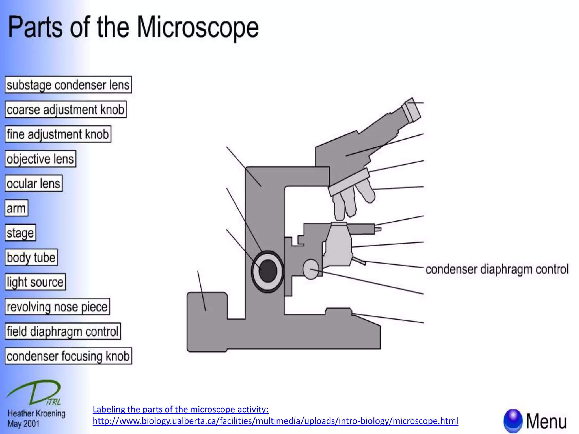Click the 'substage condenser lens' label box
pos(68,85)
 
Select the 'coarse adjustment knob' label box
pos(66,109)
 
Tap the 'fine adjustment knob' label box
pos(58,134)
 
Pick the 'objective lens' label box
pos(40,159)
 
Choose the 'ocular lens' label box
pos(33,183)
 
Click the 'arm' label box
pos(16,208)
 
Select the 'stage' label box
pos(20,233)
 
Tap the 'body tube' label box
pos(31,257)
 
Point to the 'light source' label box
pos(35,282)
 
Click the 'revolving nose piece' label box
pos(57,307)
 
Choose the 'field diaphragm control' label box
pos(63,331)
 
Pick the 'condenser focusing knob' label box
pos(68,356)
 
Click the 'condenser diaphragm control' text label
pos(497,269)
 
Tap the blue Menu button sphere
pos(513,420)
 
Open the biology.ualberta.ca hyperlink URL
pos(275,421)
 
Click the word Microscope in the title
pos(198,27)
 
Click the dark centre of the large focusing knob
pos(267,271)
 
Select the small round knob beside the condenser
pos(311,269)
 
